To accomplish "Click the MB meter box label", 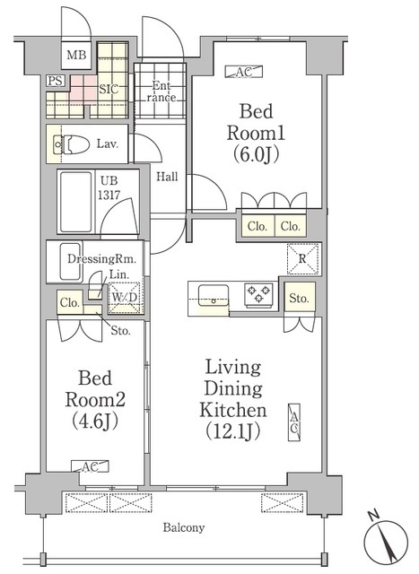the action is click(76, 55).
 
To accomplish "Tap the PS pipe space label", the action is click(56, 81).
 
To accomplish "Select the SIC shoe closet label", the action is click(109, 89).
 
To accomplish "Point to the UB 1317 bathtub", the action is click(76, 201).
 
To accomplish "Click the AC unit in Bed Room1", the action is click(244, 72).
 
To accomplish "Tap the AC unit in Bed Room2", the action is click(90, 466).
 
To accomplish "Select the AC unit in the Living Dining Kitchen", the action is click(294, 422).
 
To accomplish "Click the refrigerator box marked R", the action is click(302, 258).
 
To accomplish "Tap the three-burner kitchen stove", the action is click(259, 294).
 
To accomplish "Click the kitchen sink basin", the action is click(214, 295).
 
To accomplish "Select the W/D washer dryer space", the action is click(125, 298).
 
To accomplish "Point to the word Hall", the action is click(168, 177).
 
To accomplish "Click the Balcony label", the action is click(184, 527).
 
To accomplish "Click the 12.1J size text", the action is click(233, 431).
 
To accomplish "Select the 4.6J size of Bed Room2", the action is click(95, 421).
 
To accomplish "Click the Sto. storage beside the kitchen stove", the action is click(300, 298).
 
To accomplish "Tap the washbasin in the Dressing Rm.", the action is click(70, 262).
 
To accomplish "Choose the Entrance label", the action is click(161, 91).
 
